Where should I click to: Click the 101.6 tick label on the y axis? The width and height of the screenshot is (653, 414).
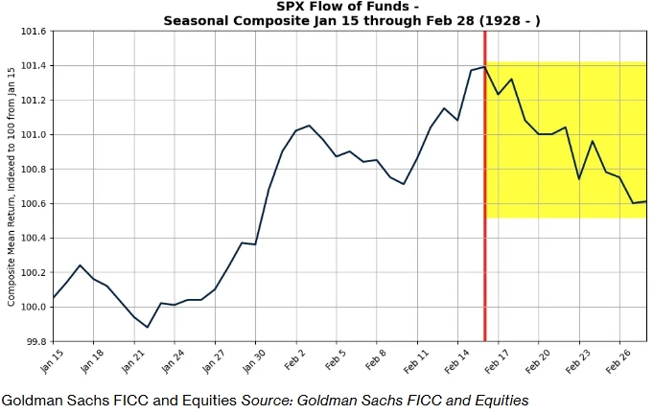click(33, 32)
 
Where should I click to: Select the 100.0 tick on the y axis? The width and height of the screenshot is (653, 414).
click(33, 307)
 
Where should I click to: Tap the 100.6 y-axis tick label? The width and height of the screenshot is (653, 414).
click(33, 203)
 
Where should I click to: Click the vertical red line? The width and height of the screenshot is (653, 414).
click(485, 192)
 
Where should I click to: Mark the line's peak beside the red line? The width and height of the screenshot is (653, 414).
click(484, 67)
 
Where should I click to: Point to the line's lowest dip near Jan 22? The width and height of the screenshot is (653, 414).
click(147, 327)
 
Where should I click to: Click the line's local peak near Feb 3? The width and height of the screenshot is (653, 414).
click(309, 126)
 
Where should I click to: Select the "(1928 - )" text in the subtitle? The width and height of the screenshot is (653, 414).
click(508, 21)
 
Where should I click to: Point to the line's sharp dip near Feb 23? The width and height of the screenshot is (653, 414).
click(578, 178)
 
